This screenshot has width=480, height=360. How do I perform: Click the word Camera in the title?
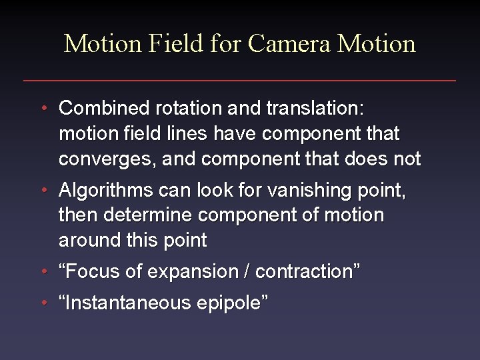pos(290,44)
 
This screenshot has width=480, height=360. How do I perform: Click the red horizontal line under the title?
pos(240,81)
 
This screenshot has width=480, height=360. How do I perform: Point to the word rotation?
pos(183,108)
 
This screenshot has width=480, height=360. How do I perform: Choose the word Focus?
pos(93,272)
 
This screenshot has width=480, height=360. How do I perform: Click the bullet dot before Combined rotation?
pos(43,108)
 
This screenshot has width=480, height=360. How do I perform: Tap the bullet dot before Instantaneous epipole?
pos(43,303)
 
